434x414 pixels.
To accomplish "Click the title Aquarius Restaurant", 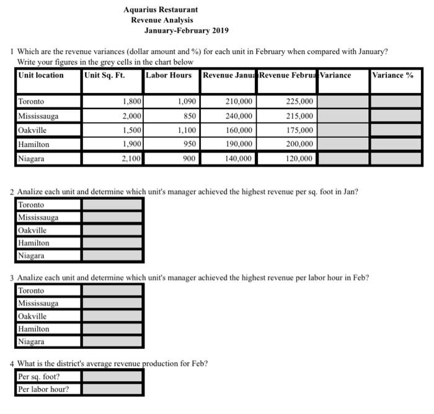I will coord(161,10).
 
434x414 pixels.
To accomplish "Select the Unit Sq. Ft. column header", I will coord(105,75).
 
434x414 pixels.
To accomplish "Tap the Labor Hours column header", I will coord(169,75).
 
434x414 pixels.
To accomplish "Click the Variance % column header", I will coord(392,75).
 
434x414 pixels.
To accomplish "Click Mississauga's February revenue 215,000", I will coord(300,116).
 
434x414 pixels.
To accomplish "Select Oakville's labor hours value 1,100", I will coord(187,130).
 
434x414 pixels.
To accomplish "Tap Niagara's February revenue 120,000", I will coord(300,159).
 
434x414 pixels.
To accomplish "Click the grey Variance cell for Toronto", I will coord(343,101).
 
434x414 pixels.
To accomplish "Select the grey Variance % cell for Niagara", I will coord(396,159).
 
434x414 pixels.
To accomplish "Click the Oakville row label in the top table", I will coord(32,130).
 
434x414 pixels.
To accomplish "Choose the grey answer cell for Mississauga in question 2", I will coord(112,218).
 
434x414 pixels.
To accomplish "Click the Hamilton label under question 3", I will coord(33,329).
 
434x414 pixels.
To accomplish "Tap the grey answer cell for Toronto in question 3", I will coord(112,290).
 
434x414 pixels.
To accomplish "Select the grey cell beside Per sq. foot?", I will coord(112,376).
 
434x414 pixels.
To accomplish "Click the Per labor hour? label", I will coord(43,389).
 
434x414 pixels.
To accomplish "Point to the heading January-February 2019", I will coord(187,30).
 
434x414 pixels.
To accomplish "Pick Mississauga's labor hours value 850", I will coord(188,116).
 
